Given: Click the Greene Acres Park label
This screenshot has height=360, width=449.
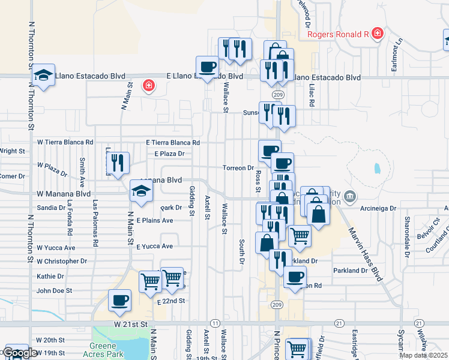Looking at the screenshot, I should [107, 350].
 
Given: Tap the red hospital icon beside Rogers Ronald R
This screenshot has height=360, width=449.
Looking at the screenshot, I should [377, 33].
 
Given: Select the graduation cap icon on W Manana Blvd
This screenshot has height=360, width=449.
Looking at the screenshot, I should [141, 191].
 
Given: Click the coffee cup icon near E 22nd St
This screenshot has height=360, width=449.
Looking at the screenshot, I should [119, 300].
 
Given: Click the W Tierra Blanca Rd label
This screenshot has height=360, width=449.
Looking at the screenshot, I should [65, 142].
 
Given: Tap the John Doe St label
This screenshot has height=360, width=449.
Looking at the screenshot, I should [54, 290].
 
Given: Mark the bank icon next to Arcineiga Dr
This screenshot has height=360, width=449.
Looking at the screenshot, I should [351, 196].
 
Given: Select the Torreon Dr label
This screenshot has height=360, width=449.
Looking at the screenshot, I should [238, 168].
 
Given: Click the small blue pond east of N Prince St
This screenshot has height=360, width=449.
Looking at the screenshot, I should [376, 168].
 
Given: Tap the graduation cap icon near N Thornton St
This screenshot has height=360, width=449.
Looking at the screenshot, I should [43, 74].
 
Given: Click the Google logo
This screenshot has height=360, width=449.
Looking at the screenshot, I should [21, 353].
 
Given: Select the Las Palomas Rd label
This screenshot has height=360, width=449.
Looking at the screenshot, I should [95, 224].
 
